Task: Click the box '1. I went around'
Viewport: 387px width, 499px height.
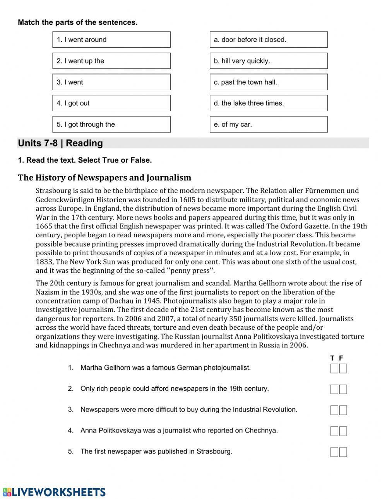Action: tap(111, 40)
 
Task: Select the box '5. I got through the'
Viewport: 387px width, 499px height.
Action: tap(111, 124)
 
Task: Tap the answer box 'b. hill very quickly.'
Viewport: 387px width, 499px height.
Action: tap(269, 61)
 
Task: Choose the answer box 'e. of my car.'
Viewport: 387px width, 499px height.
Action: tap(269, 124)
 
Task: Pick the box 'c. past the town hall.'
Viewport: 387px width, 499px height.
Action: tap(269, 82)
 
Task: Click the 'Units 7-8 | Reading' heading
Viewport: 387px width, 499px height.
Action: tap(60, 143)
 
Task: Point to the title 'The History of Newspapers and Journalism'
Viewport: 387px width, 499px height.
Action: tap(104, 178)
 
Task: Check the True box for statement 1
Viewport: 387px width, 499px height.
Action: tap(334, 368)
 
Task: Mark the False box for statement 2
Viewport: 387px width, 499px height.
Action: tap(343, 389)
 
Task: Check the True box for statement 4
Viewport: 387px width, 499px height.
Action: tap(334, 431)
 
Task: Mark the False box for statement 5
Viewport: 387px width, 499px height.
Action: tap(343, 452)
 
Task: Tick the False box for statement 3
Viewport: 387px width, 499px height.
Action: tap(343, 410)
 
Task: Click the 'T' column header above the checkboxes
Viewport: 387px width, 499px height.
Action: tap(332, 358)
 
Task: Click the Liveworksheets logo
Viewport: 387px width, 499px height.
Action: tap(54, 492)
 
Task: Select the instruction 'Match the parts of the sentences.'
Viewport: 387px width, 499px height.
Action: tap(77, 22)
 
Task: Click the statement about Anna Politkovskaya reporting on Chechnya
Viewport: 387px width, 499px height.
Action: tap(179, 431)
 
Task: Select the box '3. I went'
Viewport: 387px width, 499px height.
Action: tap(111, 82)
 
